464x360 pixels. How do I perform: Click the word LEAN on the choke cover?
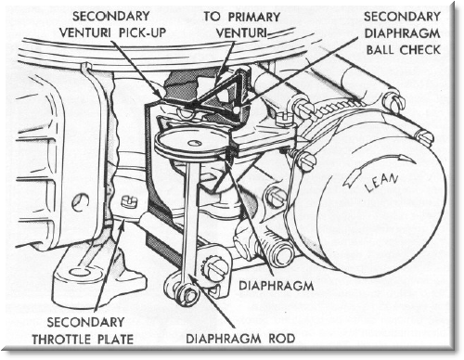coord(381,183)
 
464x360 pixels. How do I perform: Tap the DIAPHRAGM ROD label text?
coord(240,339)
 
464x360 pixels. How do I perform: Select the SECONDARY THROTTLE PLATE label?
coord(83,331)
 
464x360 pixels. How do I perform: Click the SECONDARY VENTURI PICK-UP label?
coord(112,24)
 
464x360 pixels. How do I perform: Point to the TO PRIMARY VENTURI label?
coord(241,25)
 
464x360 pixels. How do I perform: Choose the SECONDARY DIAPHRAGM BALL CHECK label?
coord(402,32)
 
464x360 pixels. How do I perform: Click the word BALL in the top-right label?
coord(380,49)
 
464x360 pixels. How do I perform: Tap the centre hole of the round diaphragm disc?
coord(195,143)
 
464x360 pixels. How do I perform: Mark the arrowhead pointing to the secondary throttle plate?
coord(123,224)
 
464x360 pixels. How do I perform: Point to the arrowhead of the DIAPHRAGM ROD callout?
coord(190,276)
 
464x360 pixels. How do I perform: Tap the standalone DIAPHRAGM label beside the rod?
coord(277,286)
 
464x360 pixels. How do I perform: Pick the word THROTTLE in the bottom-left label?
coord(65,340)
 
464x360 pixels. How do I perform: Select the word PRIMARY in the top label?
coord(254,17)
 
